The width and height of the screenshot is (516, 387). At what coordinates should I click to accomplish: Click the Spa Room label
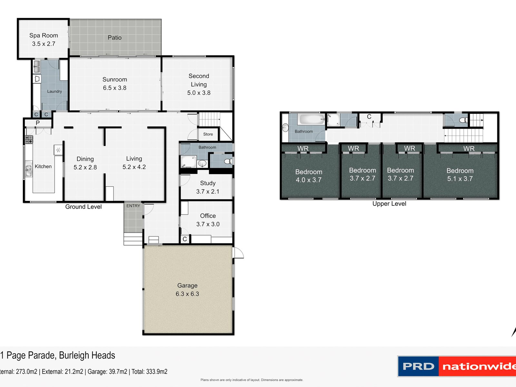(x=44, y=35)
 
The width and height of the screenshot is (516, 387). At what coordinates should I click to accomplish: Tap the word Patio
(x=114, y=38)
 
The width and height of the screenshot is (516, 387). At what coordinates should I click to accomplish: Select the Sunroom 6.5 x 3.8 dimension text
(x=114, y=88)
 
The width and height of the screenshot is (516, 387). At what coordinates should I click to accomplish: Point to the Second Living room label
(x=199, y=80)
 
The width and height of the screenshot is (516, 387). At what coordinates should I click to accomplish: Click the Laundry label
(x=54, y=91)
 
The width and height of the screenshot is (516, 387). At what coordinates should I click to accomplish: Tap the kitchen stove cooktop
(x=29, y=139)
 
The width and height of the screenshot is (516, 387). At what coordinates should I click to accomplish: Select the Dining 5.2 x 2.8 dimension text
(x=85, y=167)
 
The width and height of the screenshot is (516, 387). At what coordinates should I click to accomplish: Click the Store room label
(x=208, y=134)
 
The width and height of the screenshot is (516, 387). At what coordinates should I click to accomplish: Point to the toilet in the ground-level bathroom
(x=228, y=161)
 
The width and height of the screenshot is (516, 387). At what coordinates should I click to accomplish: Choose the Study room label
(x=208, y=183)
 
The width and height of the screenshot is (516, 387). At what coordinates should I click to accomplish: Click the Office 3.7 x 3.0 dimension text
(x=208, y=224)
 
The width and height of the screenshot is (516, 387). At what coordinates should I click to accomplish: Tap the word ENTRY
(x=133, y=206)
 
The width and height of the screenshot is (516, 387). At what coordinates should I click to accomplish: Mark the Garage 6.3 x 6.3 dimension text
(x=187, y=294)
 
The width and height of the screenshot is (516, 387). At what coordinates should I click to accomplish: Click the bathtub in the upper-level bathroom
(x=311, y=119)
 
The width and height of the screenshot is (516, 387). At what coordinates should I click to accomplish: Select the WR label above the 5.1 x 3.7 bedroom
(x=469, y=148)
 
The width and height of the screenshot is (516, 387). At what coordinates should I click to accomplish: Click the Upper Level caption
(x=389, y=204)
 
